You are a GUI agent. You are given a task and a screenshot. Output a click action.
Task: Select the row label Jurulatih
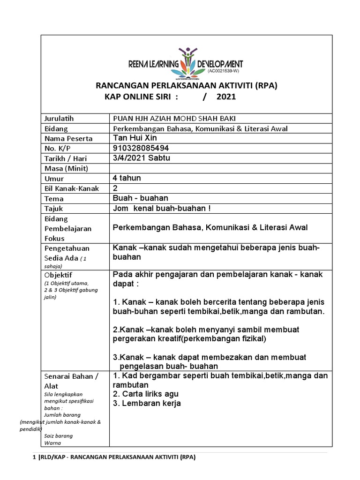(59, 118)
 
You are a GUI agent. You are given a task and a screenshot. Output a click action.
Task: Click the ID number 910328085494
(141, 148)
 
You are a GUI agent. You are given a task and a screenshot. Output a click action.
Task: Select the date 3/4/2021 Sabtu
(142, 158)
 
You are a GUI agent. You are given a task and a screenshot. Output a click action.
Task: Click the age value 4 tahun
(127, 178)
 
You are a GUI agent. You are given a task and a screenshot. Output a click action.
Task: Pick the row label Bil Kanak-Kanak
(68, 188)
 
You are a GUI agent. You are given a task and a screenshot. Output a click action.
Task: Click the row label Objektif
(59, 275)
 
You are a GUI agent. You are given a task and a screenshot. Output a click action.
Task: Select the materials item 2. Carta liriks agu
(146, 394)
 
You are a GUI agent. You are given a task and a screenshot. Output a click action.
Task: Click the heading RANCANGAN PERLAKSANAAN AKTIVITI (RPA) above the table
(187, 85)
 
